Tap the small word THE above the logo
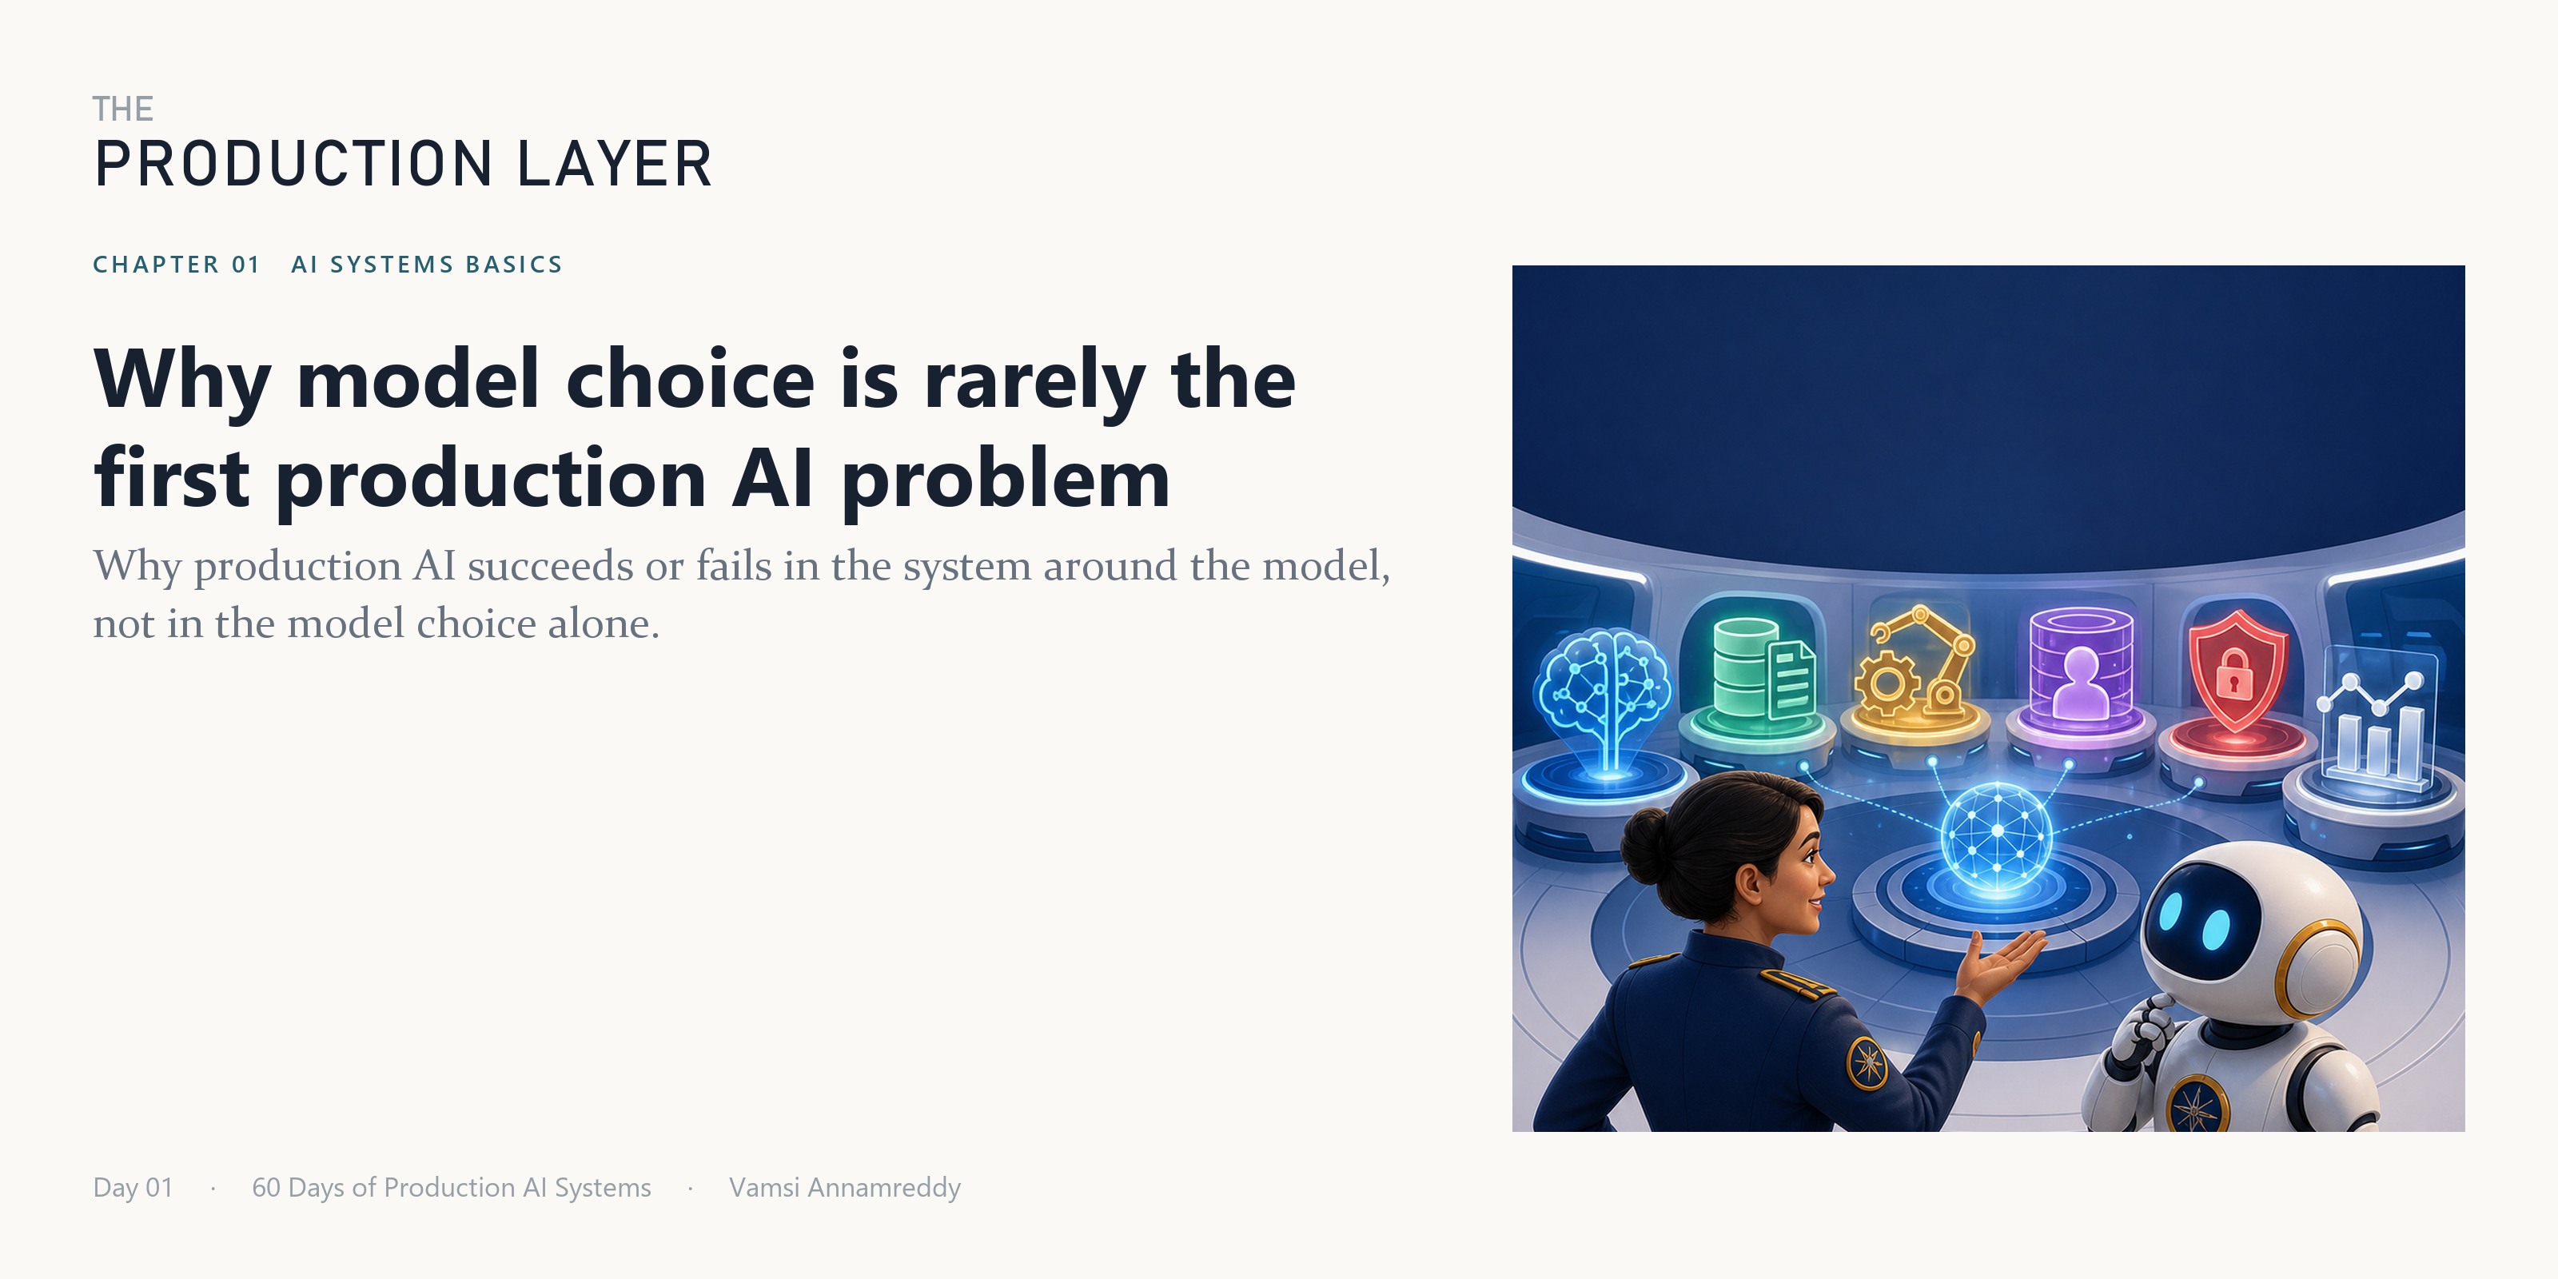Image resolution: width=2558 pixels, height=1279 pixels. pyautogui.click(x=123, y=110)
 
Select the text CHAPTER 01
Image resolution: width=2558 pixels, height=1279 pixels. pyautogui.click(x=176, y=264)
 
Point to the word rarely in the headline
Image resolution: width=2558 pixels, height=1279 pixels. pyautogui.click(x=1034, y=381)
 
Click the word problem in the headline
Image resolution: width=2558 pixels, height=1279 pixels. pyautogui.click(x=1006, y=480)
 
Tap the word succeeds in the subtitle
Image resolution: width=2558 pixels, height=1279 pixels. pyautogui.click(x=549, y=566)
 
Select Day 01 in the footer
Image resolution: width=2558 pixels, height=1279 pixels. pyautogui.click(x=133, y=1188)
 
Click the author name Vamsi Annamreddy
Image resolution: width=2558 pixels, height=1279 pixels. pyautogui.click(x=845, y=1188)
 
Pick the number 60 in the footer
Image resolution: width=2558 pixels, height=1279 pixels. pyautogui.click(x=265, y=1188)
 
